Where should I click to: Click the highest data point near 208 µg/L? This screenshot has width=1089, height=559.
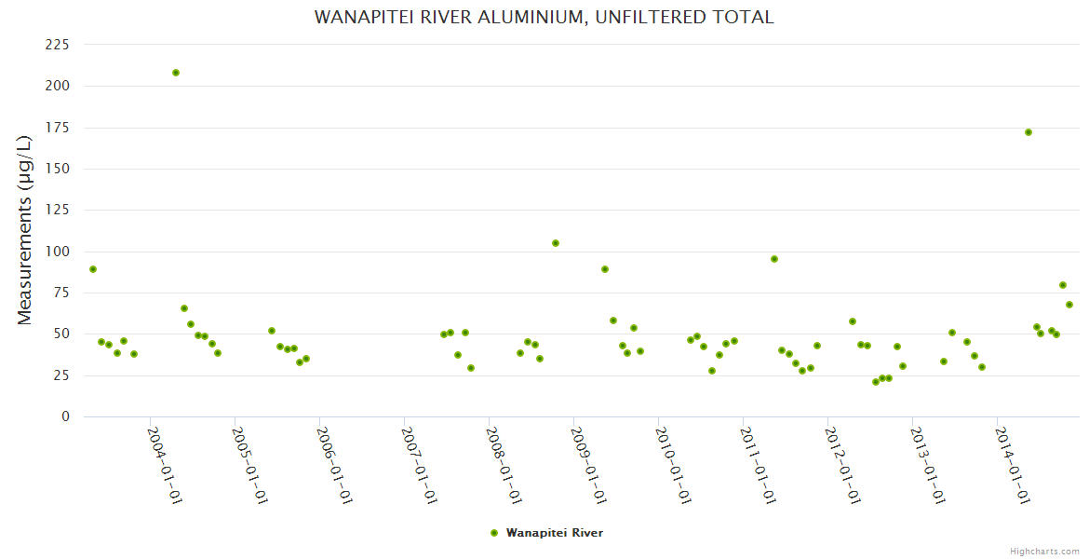[176, 73]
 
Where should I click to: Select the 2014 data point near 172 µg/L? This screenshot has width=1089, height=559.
[1028, 132]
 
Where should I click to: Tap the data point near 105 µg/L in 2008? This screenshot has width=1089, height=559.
[556, 243]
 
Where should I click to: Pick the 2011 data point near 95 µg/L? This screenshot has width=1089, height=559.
[774, 259]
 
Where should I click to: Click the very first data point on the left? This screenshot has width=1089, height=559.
[93, 269]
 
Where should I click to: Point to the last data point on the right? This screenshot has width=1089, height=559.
[1069, 305]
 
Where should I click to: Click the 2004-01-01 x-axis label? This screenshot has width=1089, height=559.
[164, 465]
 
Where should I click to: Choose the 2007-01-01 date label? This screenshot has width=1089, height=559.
[419, 465]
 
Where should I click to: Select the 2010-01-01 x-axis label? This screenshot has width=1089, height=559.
[673, 465]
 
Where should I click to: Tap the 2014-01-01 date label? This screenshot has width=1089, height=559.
[1012, 465]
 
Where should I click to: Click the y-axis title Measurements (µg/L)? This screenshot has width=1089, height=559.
[26, 230]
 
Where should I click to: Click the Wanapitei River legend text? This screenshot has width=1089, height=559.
[555, 533]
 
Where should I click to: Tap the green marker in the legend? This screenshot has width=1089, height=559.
[494, 533]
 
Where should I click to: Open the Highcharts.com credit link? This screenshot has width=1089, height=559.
[1044, 551]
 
